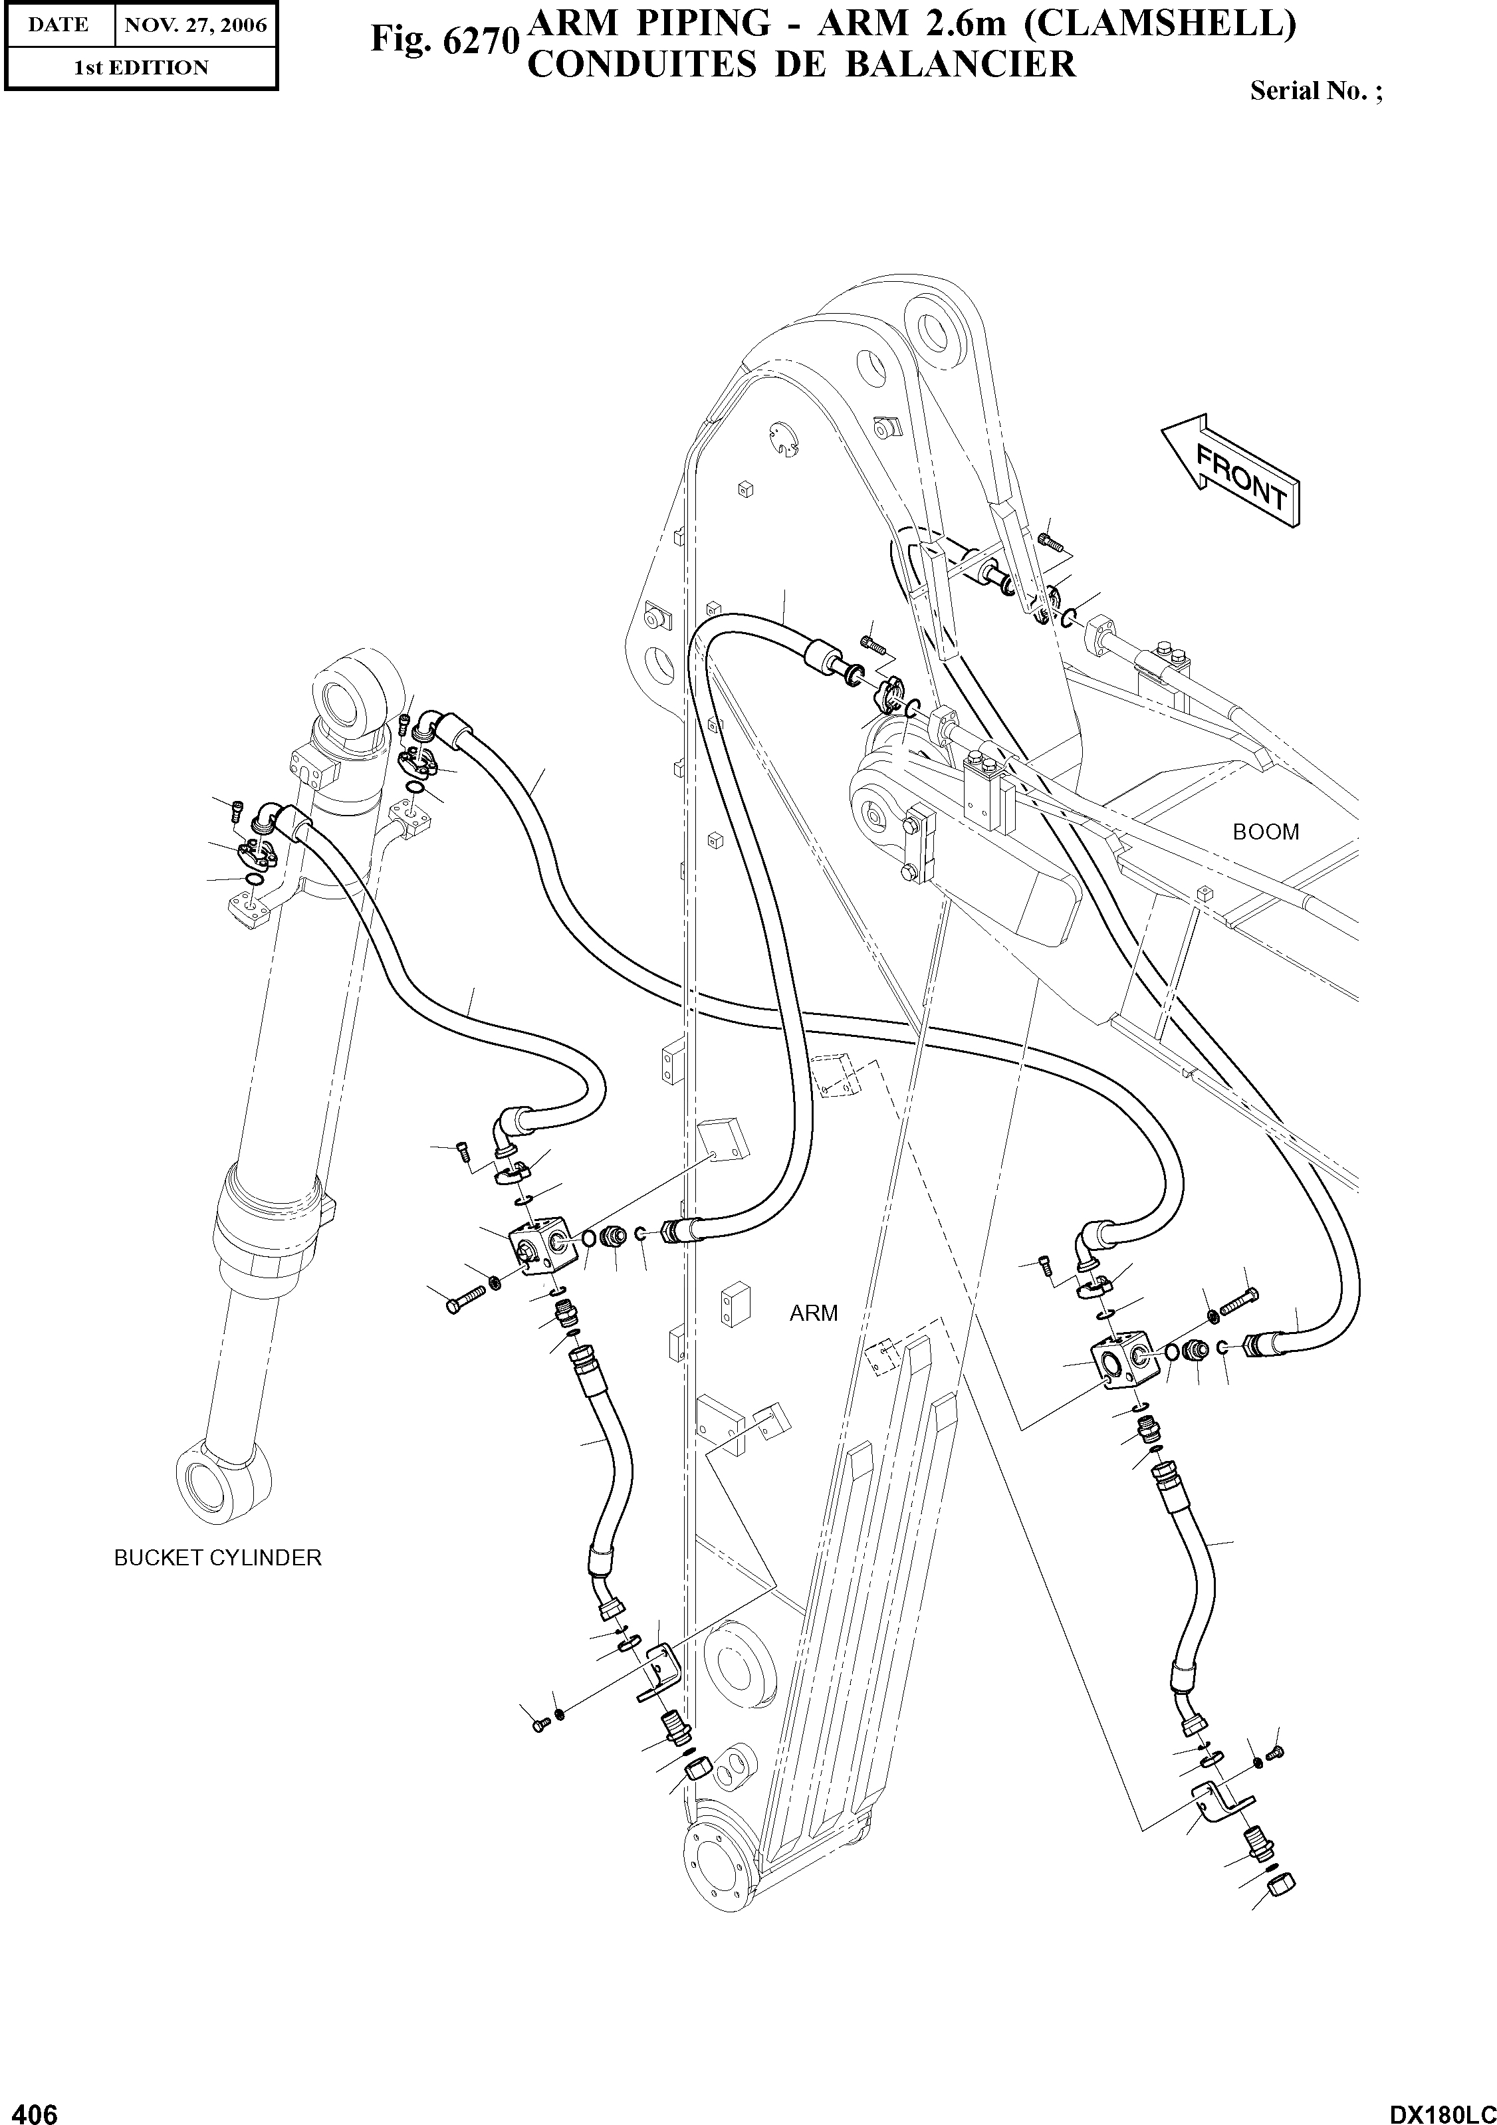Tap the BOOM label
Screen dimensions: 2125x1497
(1266, 832)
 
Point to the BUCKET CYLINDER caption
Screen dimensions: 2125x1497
(217, 1557)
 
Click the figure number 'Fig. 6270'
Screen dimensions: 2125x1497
(443, 41)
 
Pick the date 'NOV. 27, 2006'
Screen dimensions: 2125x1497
(195, 25)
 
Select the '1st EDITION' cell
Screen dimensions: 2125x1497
(141, 68)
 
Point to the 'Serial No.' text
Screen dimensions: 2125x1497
(1315, 90)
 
